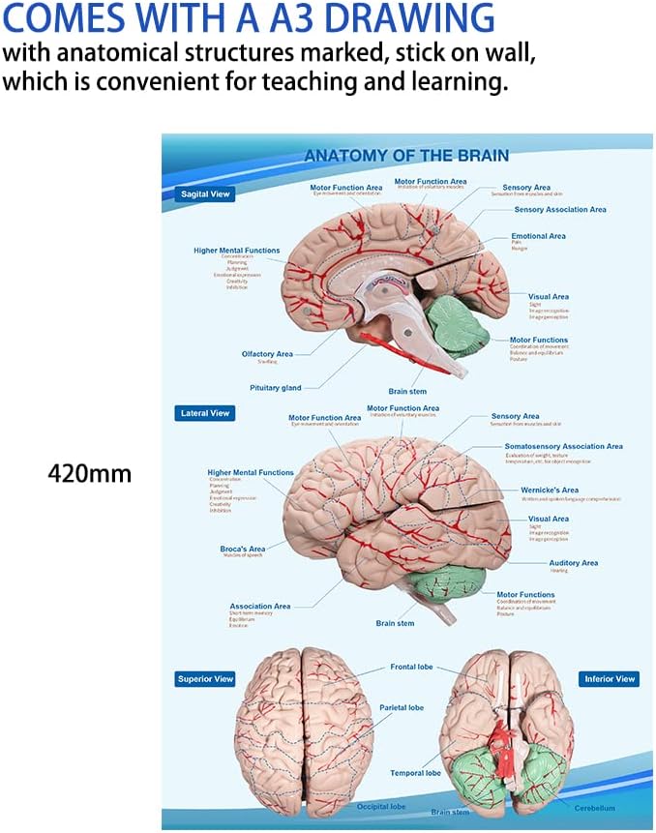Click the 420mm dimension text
click(x=89, y=474)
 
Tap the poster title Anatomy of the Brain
click(x=406, y=156)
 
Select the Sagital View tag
click(x=206, y=194)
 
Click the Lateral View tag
click(x=205, y=413)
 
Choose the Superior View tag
click(x=205, y=679)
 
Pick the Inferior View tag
click(x=610, y=679)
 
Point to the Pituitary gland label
click(x=276, y=388)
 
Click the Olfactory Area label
click(x=267, y=354)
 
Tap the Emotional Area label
click(x=538, y=236)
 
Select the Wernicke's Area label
click(x=550, y=491)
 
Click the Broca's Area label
click(x=242, y=550)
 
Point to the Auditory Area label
click(x=573, y=563)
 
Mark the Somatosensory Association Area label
click(x=563, y=447)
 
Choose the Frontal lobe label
click(x=411, y=667)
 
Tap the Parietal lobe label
click(x=401, y=708)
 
